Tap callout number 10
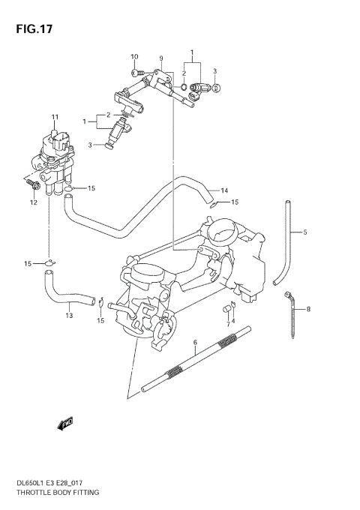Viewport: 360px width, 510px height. [134, 58]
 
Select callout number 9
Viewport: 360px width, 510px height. [160, 58]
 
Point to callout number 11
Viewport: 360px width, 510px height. [54, 117]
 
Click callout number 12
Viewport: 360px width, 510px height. [33, 202]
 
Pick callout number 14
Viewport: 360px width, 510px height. [224, 190]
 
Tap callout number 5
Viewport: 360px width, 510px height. [305, 232]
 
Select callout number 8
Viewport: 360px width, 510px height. [307, 308]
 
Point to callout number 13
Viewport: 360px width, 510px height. [69, 315]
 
